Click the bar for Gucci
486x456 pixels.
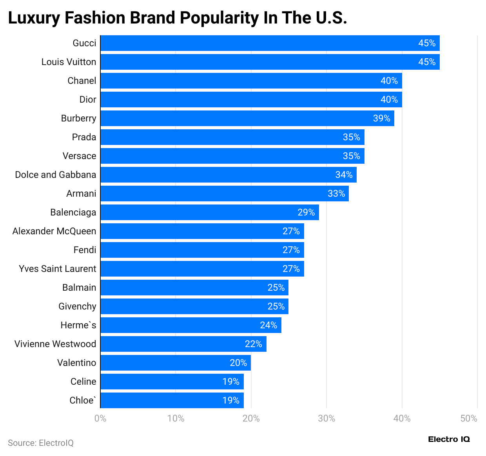point(270,43)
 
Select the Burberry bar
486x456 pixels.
point(247,118)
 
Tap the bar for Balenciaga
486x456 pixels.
point(209,212)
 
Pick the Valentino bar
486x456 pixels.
point(175,363)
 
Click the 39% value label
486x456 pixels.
point(381,118)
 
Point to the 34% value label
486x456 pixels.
point(344,175)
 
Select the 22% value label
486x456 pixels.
point(253,344)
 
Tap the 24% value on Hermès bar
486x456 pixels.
point(268,325)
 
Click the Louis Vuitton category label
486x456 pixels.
point(69,62)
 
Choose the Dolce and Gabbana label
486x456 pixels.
point(55,175)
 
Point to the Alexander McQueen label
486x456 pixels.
point(54,231)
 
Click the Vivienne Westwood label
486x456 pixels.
point(55,344)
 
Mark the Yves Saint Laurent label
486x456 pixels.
point(57,269)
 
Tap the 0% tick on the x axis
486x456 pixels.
point(100,418)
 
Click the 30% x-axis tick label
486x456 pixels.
point(326,418)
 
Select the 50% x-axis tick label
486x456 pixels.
point(469,418)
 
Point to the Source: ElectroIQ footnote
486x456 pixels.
point(41,443)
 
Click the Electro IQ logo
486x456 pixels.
point(449,439)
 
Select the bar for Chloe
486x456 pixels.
point(172,400)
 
